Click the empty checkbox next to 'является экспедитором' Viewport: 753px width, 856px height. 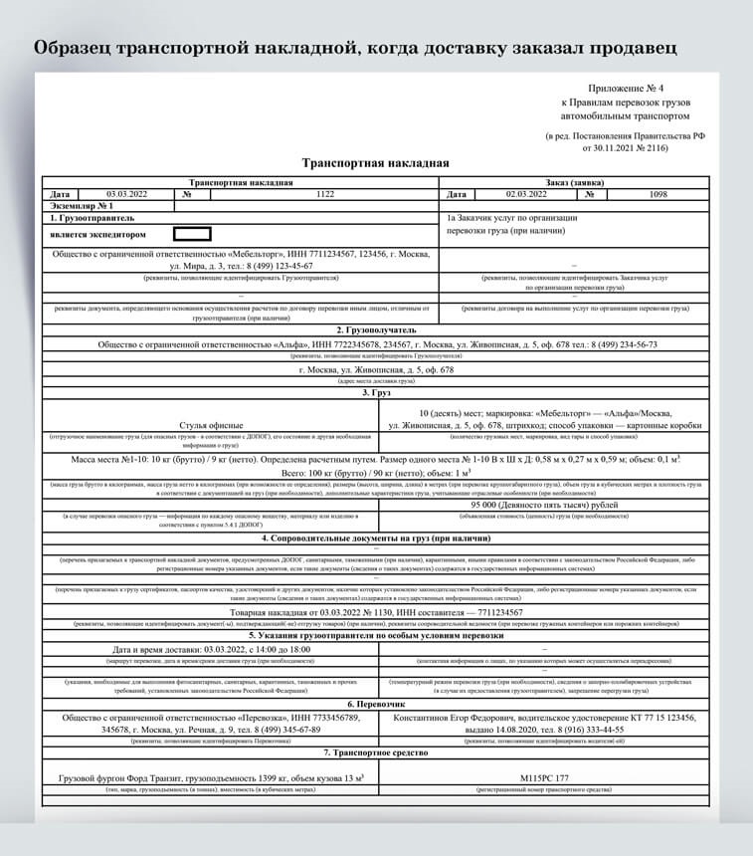192,235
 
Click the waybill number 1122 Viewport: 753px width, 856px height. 325,195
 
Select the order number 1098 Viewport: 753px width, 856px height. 658,195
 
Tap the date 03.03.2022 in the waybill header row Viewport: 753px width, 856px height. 126,195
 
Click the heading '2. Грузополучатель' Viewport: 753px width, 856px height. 375,329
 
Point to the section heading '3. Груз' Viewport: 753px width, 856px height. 375,393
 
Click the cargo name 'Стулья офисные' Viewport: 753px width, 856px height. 211,425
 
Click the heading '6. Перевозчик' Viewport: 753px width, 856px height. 375,703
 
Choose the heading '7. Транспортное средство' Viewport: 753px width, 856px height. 375,752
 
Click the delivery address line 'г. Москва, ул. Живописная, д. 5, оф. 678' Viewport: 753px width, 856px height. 375,369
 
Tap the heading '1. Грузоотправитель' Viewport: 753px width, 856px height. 92,217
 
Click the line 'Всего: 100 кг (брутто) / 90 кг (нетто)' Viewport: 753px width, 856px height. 375,475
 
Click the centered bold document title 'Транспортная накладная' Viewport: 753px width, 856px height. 375,164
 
